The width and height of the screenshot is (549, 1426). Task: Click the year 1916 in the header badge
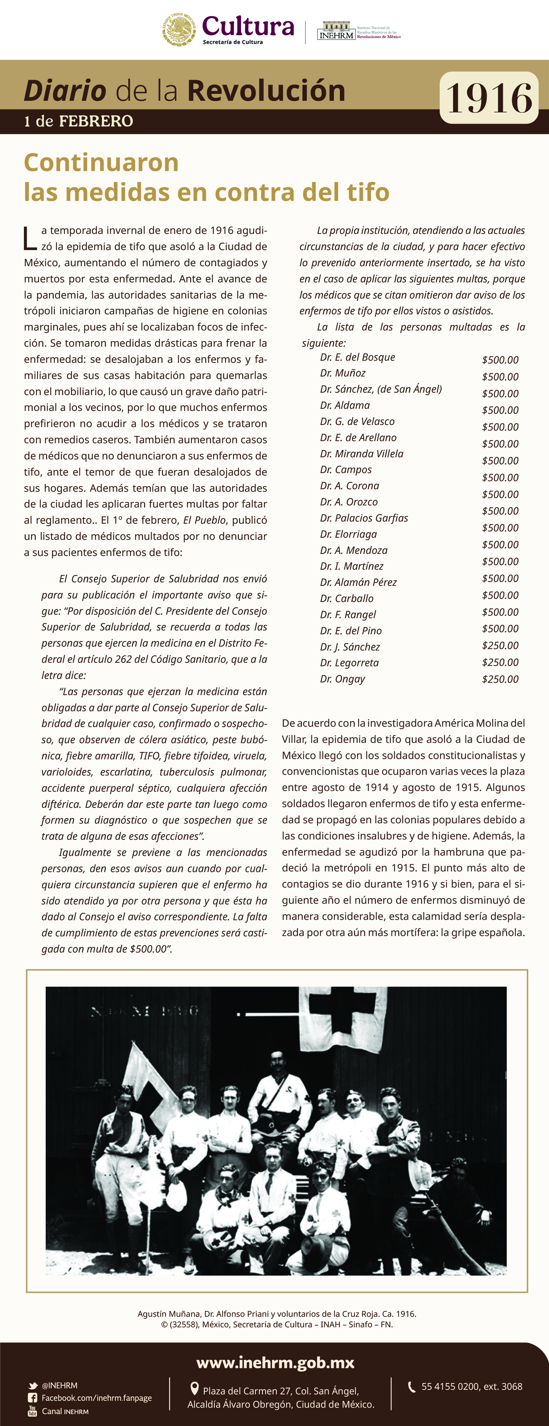489,98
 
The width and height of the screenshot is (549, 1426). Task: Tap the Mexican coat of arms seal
179,30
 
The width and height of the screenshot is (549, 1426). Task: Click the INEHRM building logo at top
336,31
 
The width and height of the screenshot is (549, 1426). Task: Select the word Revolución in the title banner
266,91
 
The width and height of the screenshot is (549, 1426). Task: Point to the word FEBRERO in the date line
96,121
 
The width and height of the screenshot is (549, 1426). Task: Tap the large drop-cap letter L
30,238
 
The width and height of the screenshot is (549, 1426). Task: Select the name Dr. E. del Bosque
357,357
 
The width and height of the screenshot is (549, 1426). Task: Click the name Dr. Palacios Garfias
364,518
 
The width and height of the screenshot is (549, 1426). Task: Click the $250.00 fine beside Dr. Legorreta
500,663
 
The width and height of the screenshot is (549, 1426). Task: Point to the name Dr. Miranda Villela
362,454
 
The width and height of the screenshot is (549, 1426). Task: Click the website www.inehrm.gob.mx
275,1362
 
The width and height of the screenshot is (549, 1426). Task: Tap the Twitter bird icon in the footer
33,1386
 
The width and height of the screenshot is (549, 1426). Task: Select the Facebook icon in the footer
33,1398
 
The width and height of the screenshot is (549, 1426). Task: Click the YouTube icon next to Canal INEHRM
33,1411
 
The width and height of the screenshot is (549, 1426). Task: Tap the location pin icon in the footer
194,1389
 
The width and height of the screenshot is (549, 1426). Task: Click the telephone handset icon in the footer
412,1387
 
